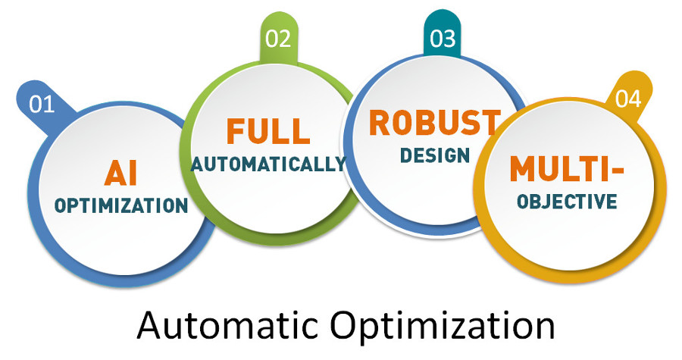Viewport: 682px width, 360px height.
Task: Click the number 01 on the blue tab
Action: point(42,105)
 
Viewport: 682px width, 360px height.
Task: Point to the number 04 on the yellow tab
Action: point(628,99)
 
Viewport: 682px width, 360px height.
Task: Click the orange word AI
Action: point(121,173)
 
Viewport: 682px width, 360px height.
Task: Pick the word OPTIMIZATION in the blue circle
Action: point(121,205)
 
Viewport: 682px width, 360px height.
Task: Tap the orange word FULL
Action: point(268,131)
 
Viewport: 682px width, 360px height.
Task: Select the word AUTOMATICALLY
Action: point(268,164)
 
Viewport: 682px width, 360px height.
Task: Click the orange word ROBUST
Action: point(435,123)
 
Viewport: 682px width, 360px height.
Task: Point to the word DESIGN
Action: point(435,155)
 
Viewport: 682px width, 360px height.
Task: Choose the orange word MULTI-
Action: point(567,168)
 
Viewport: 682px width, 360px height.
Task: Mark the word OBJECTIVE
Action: point(567,202)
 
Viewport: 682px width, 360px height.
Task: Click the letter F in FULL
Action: point(236,131)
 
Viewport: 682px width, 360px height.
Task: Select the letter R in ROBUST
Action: point(380,123)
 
